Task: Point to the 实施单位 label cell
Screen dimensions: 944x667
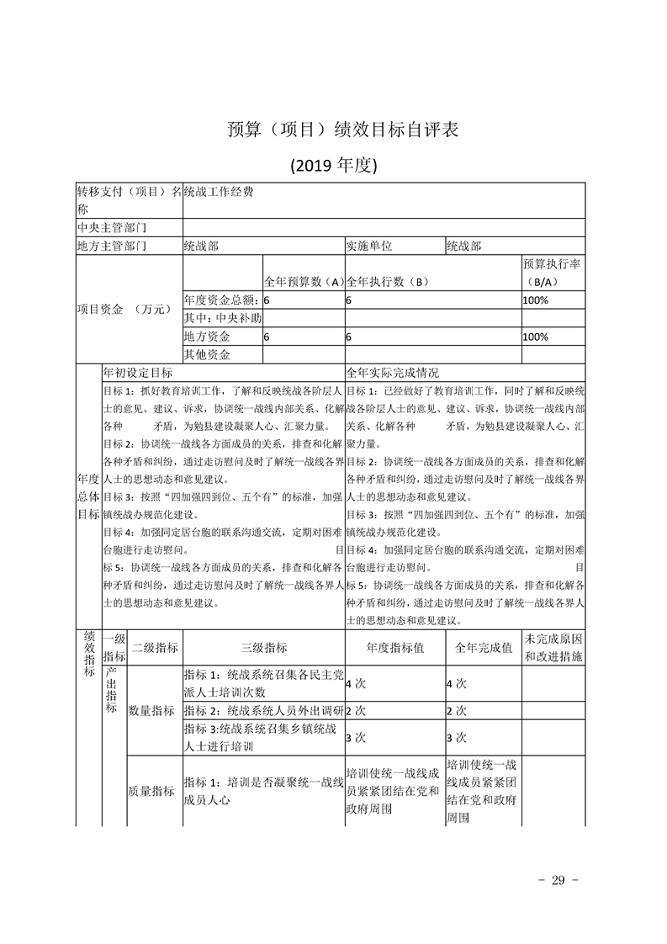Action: [369, 247]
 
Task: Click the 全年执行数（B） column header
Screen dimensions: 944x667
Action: [388, 282]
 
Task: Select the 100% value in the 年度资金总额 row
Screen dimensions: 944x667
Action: [536, 300]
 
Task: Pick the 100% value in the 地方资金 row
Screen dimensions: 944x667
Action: [536, 337]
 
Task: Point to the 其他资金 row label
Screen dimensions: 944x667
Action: [208, 355]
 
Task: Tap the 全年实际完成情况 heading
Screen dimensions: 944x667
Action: [393, 372]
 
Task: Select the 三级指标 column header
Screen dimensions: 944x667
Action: [263, 648]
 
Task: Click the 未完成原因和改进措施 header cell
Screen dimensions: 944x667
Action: [553, 648]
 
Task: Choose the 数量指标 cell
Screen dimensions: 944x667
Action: [151, 711]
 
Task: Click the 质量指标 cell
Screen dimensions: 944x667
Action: [151, 791]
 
